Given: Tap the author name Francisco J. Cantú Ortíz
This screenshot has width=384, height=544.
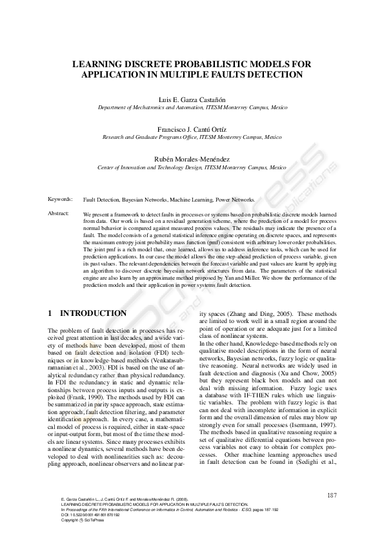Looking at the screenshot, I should (x=192, y=129).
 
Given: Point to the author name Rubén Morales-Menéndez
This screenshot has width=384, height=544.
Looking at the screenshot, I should (x=192, y=158).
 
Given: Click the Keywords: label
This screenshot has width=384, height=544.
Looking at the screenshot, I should (x=60, y=200).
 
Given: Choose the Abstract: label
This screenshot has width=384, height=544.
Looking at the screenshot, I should (x=59, y=213).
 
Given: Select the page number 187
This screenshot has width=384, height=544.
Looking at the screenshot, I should (x=333, y=496).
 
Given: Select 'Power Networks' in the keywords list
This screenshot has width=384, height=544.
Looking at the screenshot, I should (x=234, y=200).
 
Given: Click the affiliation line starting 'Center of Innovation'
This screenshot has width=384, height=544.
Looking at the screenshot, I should (x=192, y=167).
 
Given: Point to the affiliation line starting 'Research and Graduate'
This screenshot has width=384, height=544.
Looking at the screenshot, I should (x=192, y=138).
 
